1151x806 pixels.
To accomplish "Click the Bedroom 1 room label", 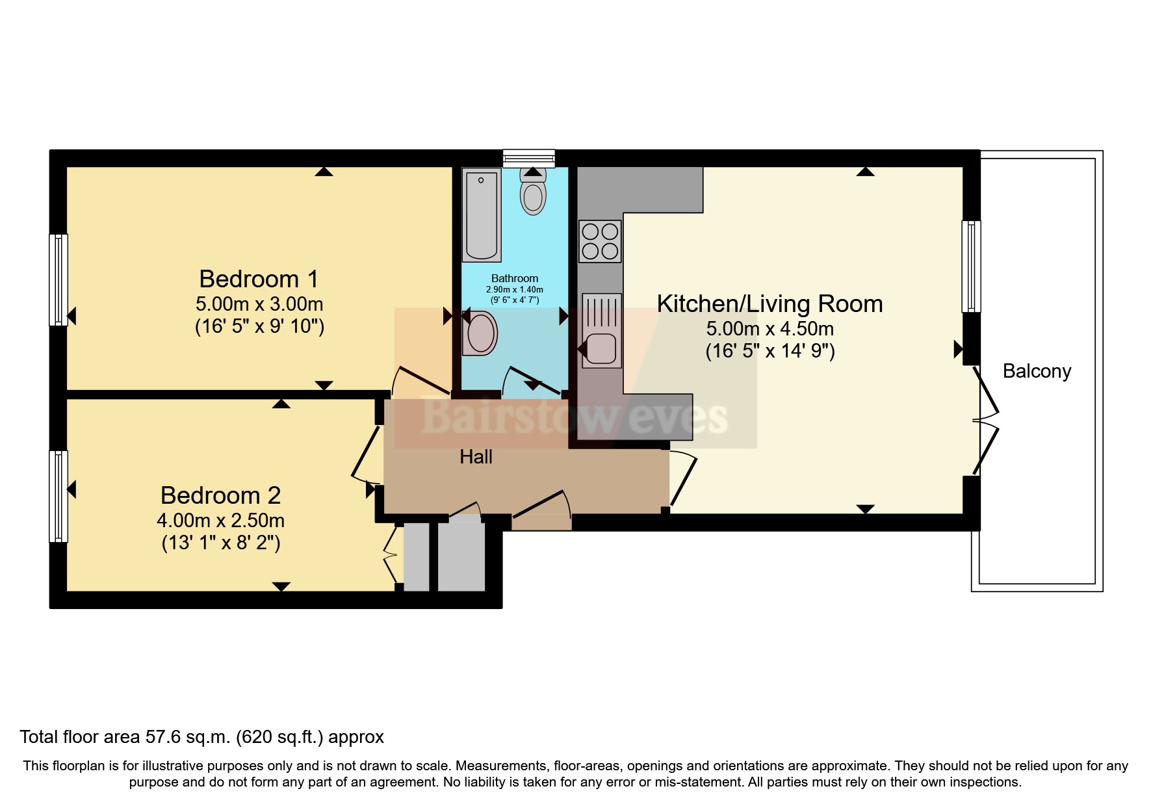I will pos(259,279).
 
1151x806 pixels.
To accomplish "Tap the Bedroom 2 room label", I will pos(220,495).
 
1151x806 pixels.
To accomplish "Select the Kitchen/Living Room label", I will pos(769,304).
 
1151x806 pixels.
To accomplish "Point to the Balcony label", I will pos(1037,371).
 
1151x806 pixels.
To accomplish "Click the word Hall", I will pos(476,457).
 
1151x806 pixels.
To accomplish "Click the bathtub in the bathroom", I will pos(482,214).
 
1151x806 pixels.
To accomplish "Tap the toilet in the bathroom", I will pos(533,192).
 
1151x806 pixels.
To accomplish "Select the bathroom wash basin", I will pos(480,333).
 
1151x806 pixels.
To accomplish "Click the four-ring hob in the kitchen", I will pos(600,241).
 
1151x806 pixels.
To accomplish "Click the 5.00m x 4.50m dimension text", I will pos(769,329).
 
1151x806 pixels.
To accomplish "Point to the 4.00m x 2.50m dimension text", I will pos(220,521).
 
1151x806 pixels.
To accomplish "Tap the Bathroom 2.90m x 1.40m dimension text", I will pos(514,290).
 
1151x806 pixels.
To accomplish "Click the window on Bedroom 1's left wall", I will pos(58,279).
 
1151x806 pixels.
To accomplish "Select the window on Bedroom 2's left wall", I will pos(58,496).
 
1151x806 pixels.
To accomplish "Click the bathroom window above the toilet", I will pos(529,157).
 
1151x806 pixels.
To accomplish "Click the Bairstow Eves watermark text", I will pos(575,416).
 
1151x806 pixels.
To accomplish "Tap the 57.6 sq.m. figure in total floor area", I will pos(188,737).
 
